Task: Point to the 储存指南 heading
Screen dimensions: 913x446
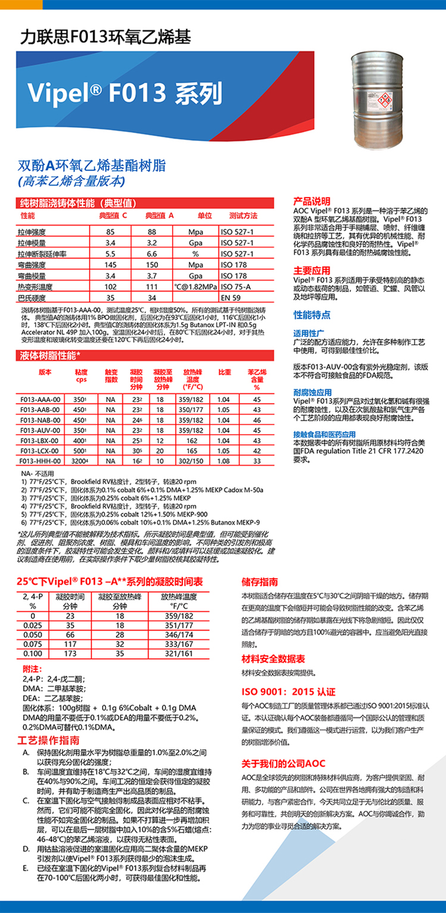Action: (260, 581)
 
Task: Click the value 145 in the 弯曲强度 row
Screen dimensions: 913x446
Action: (110, 265)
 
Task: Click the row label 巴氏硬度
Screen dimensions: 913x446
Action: (32, 297)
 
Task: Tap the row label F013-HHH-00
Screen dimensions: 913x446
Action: (40, 461)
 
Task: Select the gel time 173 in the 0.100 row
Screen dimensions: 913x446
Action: (69, 654)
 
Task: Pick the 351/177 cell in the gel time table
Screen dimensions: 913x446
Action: (179, 625)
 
